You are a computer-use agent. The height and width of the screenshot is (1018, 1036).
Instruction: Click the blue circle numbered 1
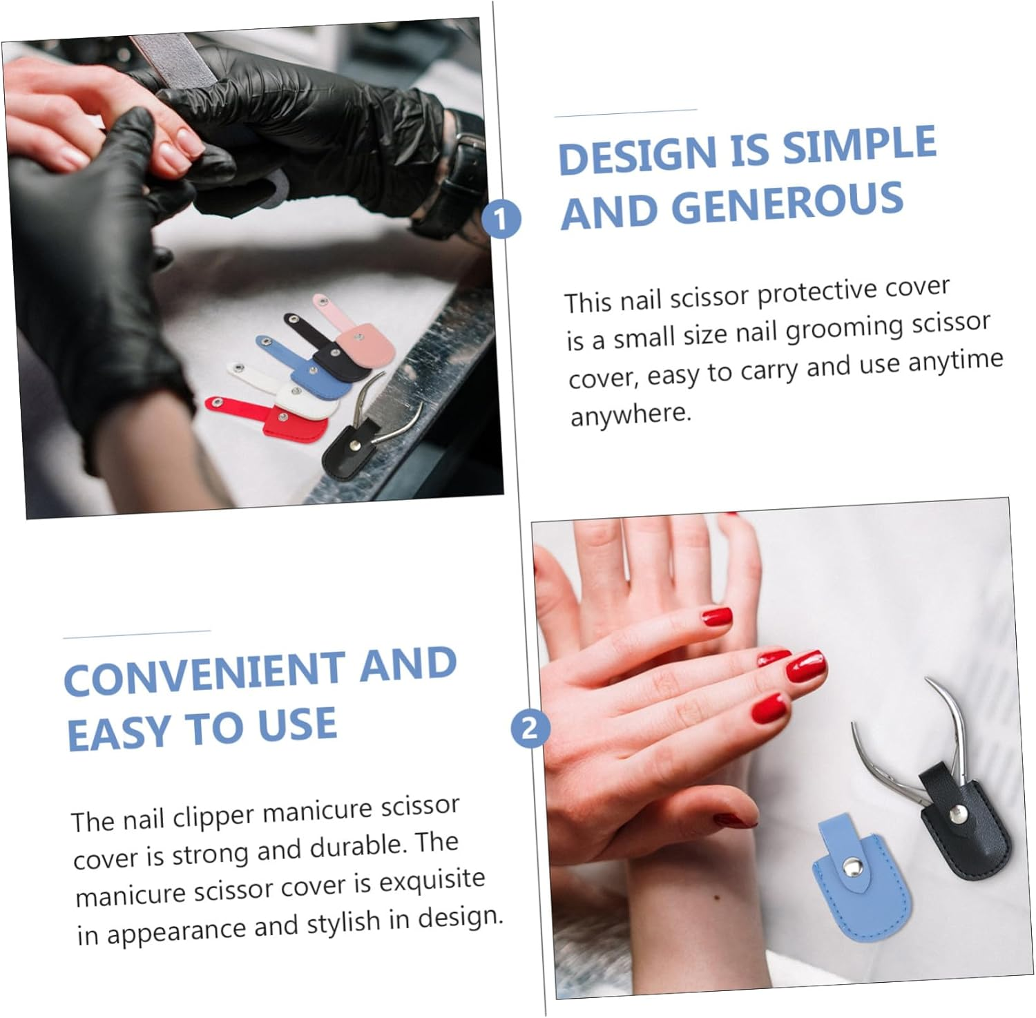pyautogui.click(x=501, y=220)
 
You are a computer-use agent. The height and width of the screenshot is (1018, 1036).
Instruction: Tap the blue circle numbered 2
pyautogui.click(x=530, y=729)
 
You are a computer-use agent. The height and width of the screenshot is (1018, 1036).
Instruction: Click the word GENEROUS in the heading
pyautogui.click(x=787, y=205)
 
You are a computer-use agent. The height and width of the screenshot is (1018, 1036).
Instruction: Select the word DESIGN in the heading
pyautogui.click(x=638, y=155)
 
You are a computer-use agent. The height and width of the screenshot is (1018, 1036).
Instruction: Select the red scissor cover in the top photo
pyautogui.click(x=271, y=418)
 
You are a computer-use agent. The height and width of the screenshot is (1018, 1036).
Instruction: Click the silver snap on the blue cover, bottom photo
pyautogui.click(x=853, y=865)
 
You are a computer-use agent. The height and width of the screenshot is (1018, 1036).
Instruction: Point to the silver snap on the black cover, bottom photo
pyautogui.click(x=957, y=816)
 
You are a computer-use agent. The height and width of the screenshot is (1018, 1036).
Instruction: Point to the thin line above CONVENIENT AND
pyautogui.click(x=137, y=634)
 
